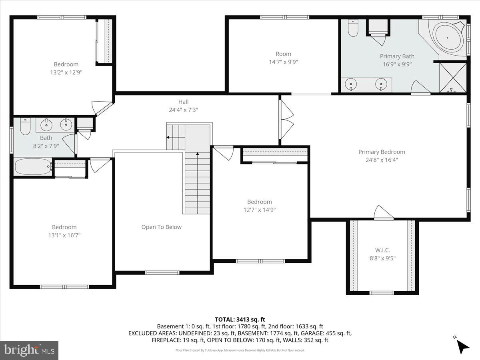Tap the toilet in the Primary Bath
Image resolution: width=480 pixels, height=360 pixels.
[353, 28]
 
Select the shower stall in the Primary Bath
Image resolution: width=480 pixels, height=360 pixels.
[453, 78]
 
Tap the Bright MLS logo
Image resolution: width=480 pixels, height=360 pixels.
[29, 350]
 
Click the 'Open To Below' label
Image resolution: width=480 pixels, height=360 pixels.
[161, 227]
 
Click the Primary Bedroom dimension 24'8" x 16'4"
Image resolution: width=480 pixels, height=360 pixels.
[382, 160]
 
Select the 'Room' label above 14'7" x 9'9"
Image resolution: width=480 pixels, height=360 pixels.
[283, 54]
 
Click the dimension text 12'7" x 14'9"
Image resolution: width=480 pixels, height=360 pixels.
[259, 210]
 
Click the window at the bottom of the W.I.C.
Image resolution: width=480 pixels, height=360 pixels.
[382, 293]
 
